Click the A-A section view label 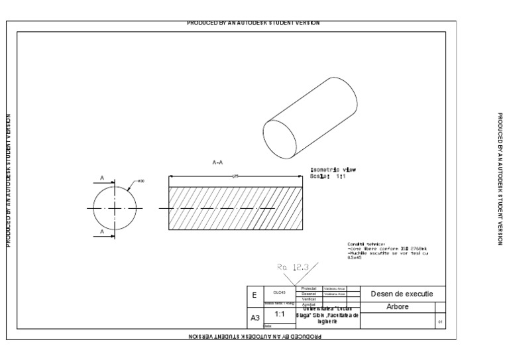pos(217,162)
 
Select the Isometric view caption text pos(333,170)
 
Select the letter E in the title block pos(254,295)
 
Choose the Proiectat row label pos(309,288)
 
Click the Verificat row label pos(309,299)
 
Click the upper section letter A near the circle pos(102,178)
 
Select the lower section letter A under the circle pos(102,231)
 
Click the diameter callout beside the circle pos(141,180)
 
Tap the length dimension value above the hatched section pos(236,175)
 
